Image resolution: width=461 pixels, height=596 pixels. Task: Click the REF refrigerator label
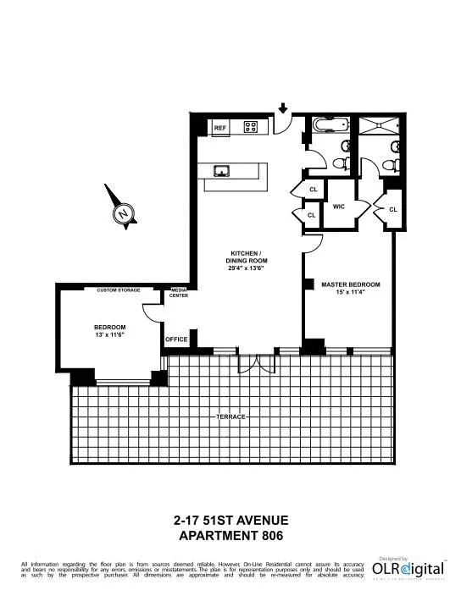pos(220,128)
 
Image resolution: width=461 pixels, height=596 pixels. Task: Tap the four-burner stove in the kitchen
pos(251,128)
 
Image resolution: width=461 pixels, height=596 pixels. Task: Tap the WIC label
pos(337,206)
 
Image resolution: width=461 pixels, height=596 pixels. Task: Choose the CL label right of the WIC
pos(393,208)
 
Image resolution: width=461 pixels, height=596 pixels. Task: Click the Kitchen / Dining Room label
pos(248,257)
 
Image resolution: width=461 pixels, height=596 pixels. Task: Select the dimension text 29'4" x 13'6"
pos(248,269)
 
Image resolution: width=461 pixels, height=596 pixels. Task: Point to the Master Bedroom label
pos(350,285)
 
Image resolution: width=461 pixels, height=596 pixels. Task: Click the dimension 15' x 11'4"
pos(350,295)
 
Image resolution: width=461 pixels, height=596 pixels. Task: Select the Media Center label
pos(180,293)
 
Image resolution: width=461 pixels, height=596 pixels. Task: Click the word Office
pos(176,339)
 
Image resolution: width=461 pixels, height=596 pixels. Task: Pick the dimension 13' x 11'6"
pos(109,336)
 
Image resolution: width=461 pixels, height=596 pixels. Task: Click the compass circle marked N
pos(125,213)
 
